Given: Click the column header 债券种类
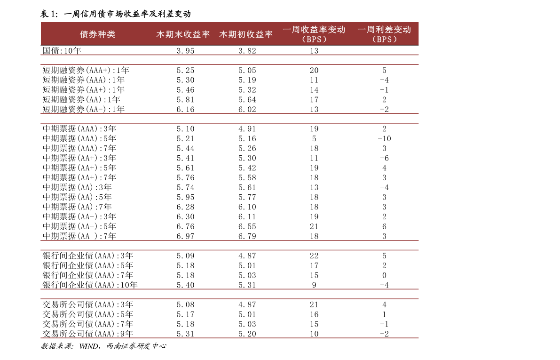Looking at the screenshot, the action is (x=97, y=34).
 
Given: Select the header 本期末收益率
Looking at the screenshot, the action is (x=183, y=34).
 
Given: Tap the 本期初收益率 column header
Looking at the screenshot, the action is (x=246, y=34).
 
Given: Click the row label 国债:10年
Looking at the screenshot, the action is (x=62, y=51).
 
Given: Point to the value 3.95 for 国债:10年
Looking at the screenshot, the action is (x=185, y=51).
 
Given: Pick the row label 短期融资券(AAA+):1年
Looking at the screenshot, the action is (x=86, y=71).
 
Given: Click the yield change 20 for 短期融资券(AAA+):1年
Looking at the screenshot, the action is (x=314, y=71).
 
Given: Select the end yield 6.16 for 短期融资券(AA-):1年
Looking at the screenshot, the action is (x=185, y=109).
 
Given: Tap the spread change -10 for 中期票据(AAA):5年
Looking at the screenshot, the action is (x=384, y=139).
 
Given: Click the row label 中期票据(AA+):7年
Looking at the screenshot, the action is (x=79, y=178).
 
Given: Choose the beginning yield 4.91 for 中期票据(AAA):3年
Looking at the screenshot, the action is (x=247, y=129).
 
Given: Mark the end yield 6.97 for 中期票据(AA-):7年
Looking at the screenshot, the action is (x=185, y=236).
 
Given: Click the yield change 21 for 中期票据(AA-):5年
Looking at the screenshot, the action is (x=314, y=227).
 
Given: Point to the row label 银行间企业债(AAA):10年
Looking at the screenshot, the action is (x=90, y=285).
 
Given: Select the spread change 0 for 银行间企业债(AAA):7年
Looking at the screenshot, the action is (x=384, y=275).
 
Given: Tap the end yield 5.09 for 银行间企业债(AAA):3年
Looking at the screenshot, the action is (x=185, y=256).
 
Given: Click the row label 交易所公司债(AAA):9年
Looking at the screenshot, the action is (x=88, y=334).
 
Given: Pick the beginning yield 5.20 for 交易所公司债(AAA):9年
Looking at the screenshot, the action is (x=247, y=334).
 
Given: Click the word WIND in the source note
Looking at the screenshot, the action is (x=88, y=346).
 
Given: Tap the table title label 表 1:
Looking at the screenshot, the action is (x=49, y=14).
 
